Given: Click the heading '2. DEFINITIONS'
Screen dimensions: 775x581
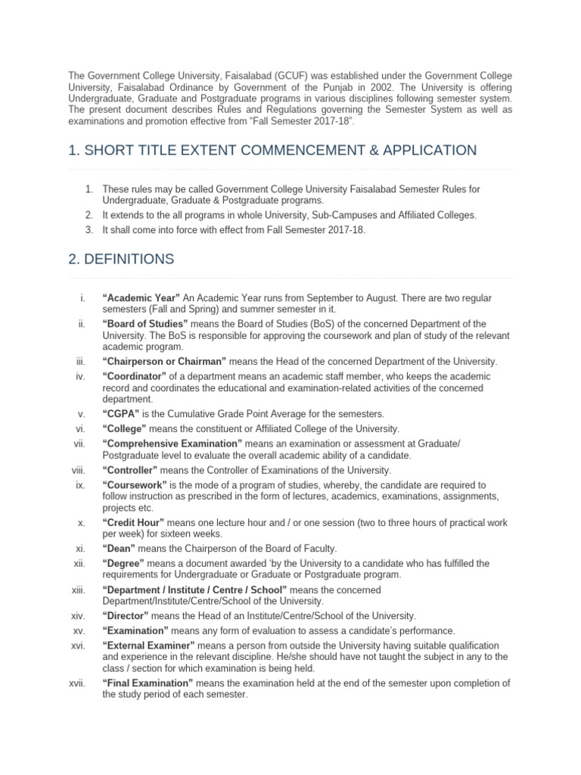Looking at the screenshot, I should pyautogui.click(x=121, y=259).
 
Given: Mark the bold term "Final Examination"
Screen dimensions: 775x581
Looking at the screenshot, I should pyautogui.click(x=148, y=683).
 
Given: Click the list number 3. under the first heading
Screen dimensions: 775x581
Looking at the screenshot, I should pyautogui.click(x=89, y=229).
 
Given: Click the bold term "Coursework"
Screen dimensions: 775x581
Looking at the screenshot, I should pyautogui.click(x=132, y=484).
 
